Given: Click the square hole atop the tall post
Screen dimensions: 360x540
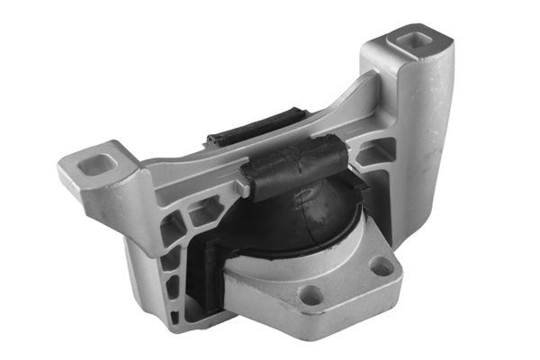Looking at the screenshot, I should [417, 40].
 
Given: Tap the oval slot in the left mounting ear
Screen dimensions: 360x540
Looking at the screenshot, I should [96, 165].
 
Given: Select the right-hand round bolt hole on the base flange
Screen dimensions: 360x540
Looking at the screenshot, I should [382, 266].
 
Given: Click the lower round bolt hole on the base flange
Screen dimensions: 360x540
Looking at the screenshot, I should [312, 294].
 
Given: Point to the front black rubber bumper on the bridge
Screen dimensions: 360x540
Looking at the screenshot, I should [292, 167].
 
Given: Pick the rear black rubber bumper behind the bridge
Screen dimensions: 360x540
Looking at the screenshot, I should [255, 129].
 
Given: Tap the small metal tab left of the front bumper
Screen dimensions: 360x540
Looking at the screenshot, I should [240, 186].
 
